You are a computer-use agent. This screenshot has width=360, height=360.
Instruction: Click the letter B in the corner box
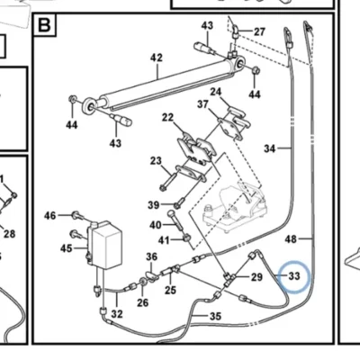point(44,25)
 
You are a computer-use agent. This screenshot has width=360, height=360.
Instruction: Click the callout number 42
point(157,58)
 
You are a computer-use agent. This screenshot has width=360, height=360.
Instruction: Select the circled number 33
point(294,275)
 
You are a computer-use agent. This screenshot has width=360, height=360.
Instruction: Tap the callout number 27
point(259,31)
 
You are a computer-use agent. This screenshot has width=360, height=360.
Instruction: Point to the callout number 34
point(269,148)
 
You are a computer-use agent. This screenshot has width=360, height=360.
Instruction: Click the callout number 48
point(291,239)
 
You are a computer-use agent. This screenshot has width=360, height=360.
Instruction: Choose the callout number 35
point(215,316)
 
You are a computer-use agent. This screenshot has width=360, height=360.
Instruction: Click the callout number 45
point(67,248)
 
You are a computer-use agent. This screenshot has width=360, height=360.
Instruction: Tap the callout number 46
point(50,215)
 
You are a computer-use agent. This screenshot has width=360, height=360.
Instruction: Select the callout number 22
point(167,117)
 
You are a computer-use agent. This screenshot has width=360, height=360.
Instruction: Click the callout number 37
point(202,104)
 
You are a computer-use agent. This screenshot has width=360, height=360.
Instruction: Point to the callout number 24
point(215,92)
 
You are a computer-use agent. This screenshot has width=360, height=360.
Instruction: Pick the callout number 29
point(256,277)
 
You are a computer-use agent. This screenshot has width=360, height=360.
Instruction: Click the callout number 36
point(152,256)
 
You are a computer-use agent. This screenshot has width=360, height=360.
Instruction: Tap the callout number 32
point(117,314)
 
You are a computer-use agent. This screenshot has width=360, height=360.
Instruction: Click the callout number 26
point(143,302)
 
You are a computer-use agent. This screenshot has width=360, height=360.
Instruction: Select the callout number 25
point(170,290)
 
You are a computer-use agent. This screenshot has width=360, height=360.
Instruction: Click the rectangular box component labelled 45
point(104,245)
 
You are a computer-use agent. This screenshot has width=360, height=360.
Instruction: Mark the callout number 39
point(154,205)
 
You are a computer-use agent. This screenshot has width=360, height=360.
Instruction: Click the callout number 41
point(164,240)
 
